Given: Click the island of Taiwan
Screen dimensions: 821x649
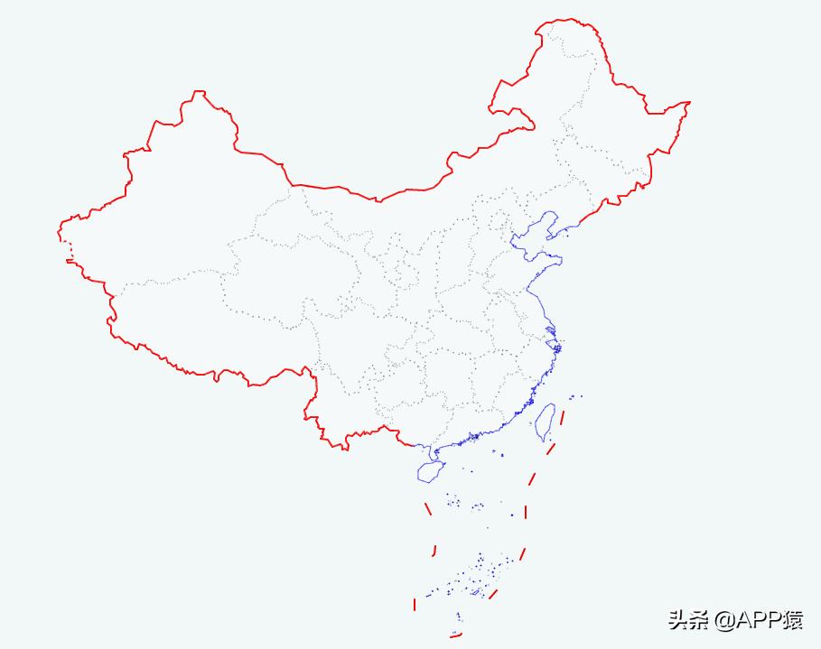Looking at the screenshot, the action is click(x=545, y=422).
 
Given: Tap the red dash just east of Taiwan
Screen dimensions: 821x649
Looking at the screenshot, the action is click(x=562, y=417).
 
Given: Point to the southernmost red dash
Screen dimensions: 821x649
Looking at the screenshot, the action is click(x=455, y=635).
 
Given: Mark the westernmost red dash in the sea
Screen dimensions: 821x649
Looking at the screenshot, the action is click(x=415, y=603).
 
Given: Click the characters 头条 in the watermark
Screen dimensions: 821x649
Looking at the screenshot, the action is click(x=687, y=620).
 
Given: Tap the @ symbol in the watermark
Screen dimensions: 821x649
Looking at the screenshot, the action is click(x=723, y=620).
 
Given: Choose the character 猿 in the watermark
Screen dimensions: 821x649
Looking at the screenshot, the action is click(x=792, y=620).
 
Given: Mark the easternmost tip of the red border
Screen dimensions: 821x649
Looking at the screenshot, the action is click(x=689, y=103).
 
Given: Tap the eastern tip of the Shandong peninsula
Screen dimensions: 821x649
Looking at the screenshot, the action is click(x=561, y=261).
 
